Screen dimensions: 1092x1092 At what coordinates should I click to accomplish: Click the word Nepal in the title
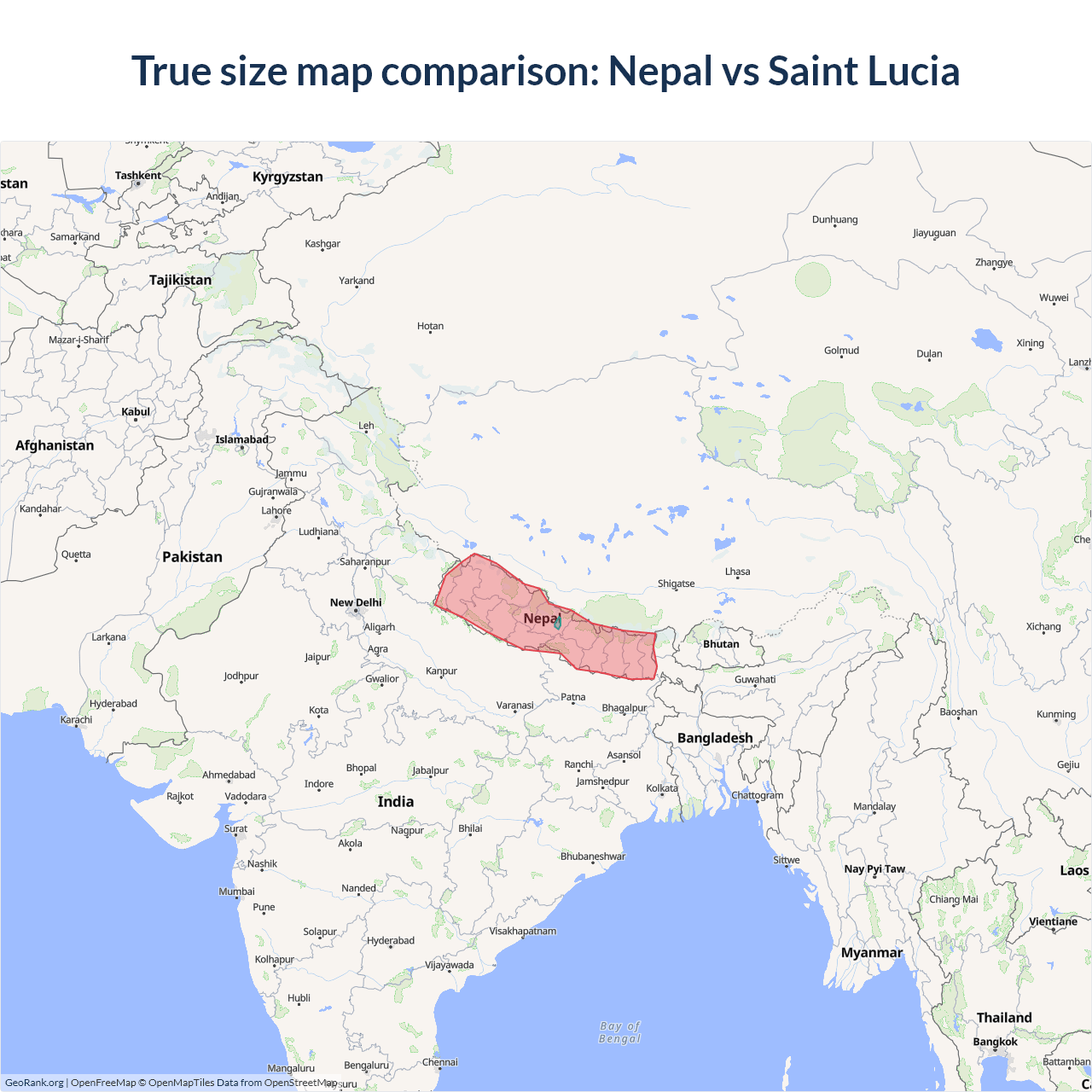tap(659, 71)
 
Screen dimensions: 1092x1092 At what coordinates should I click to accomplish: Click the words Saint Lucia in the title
tap(863, 71)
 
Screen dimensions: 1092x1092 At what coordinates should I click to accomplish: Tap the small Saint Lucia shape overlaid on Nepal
tap(557, 623)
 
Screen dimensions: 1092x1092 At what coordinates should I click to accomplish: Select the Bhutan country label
tap(721, 644)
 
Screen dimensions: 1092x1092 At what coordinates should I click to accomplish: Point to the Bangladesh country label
tap(715, 738)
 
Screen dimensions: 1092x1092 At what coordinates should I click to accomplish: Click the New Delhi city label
tap(356, 602)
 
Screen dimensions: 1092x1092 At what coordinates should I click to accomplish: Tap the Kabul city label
tap(136, 412)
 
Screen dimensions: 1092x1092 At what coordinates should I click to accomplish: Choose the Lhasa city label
tap(738, 572)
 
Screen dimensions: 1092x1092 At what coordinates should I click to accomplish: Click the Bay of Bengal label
tap(620, 1032)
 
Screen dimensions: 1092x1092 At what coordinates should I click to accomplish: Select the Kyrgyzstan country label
tap(288, 177)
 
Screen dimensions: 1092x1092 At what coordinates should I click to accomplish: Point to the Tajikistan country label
tap(180, 280)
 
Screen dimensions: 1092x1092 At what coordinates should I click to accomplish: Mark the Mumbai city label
tap(236, 892)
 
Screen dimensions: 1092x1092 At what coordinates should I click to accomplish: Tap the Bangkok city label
tap(995, 1042)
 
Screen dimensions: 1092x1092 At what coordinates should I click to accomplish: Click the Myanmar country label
tap(871, 953)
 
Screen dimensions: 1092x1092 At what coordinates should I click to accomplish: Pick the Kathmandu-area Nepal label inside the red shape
tap(539, 619)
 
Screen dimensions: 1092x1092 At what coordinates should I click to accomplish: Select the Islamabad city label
tap(241, 439)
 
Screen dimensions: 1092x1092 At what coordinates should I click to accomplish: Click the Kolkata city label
tap(662, 787)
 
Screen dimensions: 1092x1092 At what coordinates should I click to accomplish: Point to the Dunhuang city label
tap(834, 219)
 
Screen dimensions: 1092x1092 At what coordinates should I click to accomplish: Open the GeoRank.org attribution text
tap(34, 1083)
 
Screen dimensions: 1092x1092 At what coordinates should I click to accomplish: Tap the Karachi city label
tap(76, 719)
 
